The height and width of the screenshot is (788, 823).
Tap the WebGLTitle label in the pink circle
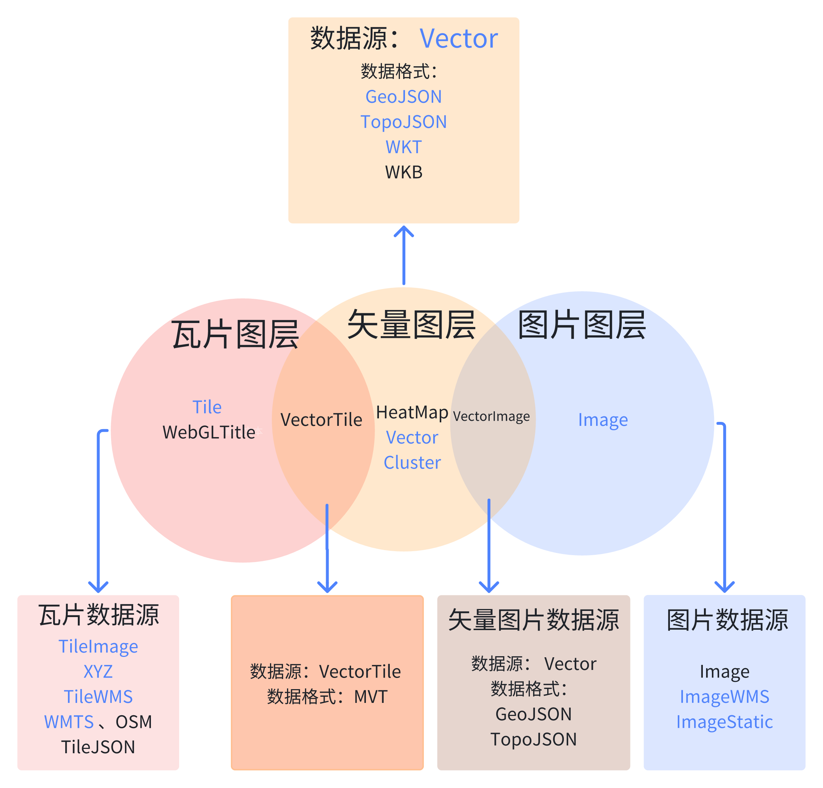click(x=208, y=432)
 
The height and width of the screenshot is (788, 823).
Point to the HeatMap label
click(x=412, y=412)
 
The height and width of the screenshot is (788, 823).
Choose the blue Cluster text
click(x=412, y=462)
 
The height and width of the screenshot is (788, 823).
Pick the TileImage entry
click(x=98, y=646)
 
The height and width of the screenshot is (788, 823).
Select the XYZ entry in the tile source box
click(x=98, y=672)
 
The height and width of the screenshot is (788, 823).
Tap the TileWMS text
click(x=98, y=697)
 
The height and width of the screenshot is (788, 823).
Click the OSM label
click(x=134, y=722)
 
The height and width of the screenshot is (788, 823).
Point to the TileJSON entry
click(x=98, y=747)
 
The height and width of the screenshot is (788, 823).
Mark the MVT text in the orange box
click(x=370, y=697)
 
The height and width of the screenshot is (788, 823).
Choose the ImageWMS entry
click(x=724, y=697)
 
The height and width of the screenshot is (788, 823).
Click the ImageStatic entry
click(x=724, y=722)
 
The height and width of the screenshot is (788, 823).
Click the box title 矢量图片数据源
click(x=533, y=620)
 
